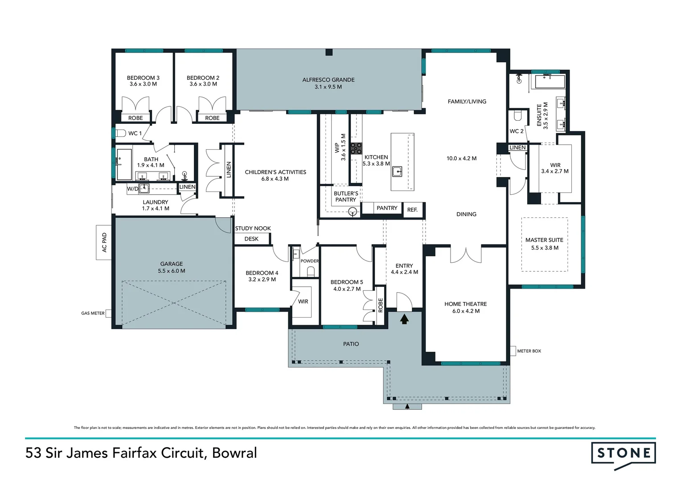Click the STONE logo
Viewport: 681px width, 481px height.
623,454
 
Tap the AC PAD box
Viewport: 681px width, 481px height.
104,242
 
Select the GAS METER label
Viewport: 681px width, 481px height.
93,313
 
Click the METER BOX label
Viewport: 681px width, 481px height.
529,351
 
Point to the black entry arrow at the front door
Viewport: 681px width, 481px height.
404,319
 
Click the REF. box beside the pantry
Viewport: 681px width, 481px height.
412,210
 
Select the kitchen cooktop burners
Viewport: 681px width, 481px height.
356,148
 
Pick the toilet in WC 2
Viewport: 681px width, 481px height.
517,116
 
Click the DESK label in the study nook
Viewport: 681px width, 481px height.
251,239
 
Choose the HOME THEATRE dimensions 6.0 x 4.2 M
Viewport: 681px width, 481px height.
466,311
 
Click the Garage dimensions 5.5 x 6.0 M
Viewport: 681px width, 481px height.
171,271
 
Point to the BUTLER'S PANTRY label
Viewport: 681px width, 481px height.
346,196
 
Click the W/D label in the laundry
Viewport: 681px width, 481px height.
132,189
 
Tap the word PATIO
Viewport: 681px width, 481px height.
351,344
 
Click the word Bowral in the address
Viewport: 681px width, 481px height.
234,453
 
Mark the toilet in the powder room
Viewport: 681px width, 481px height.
311,271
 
